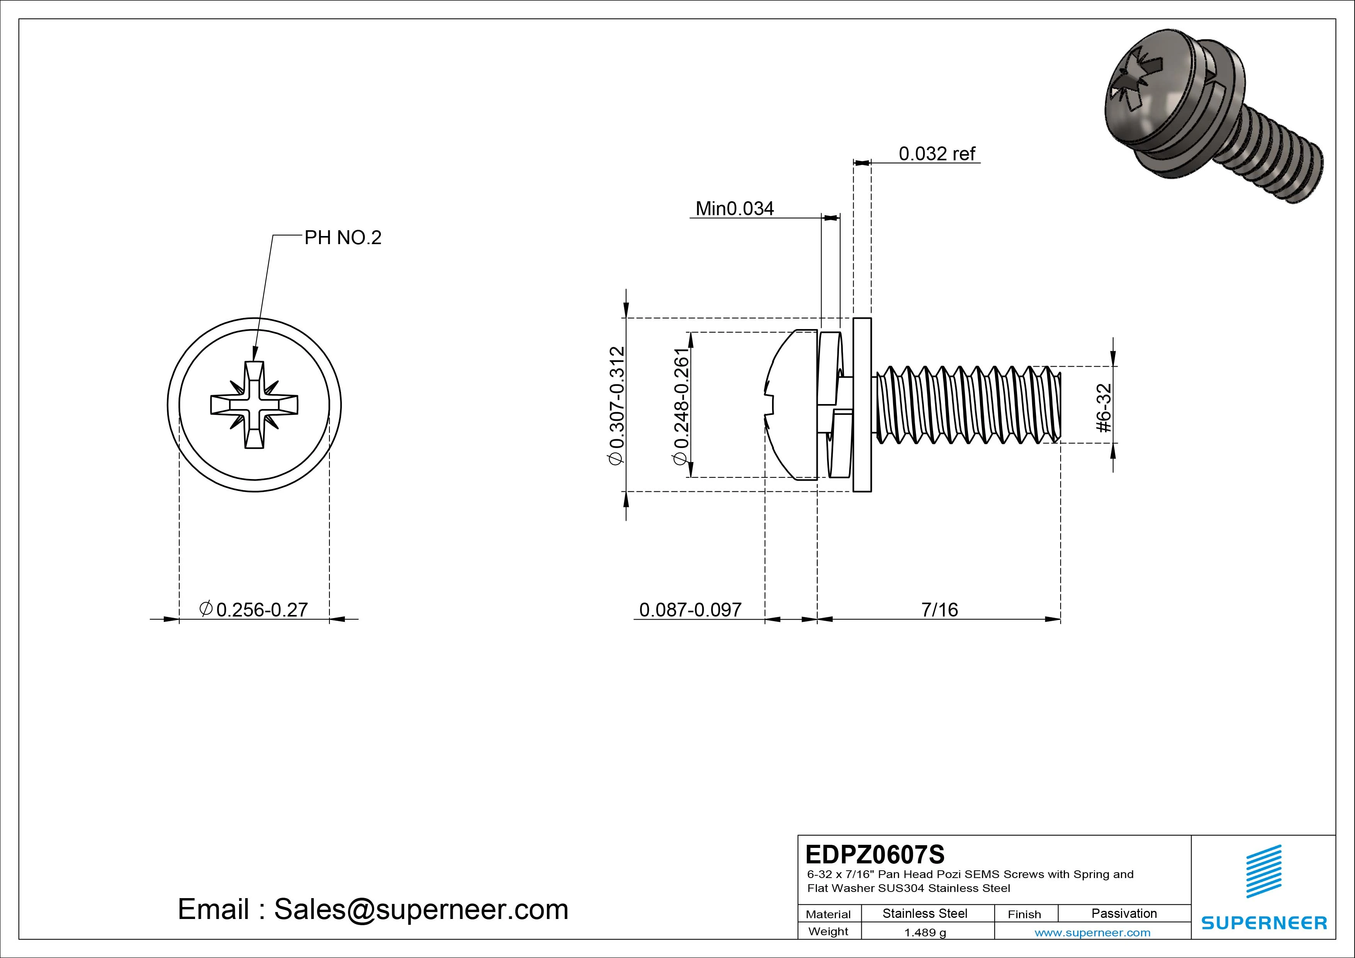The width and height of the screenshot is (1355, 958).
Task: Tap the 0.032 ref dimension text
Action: (x=937, y=154)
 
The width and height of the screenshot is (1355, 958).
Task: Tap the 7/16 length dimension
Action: (x=939, y=610)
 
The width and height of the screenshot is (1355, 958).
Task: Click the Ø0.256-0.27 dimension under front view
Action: (x=255, y=609)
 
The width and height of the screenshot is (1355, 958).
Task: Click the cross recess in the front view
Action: (x=255, y=405)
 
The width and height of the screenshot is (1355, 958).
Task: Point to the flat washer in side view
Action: (x=862, y=405)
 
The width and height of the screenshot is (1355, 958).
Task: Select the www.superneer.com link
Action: (x=1092, y=933)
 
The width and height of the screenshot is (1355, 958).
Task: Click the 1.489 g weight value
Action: (x=925, y=933)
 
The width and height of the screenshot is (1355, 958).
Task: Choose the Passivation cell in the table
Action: (x=1124, y=914)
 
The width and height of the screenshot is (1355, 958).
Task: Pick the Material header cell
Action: (x=828, y=914)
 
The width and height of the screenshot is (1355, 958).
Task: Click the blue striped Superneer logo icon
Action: (x=1263, y=871)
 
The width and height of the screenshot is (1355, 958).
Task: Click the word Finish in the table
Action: (x=1024, y=914)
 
